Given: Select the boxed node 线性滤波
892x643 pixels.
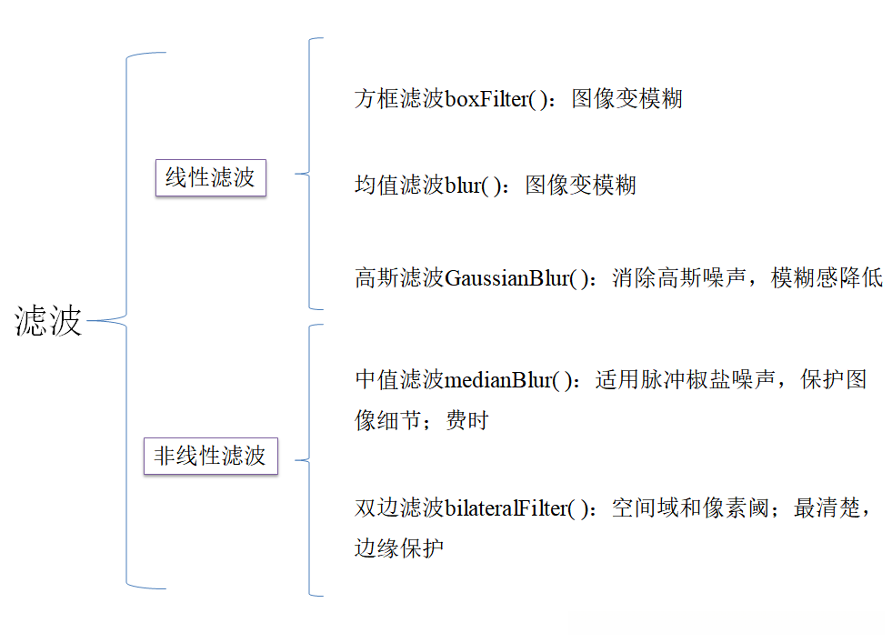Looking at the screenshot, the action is coord(210,178).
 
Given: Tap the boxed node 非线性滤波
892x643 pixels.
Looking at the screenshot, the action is coord(210,456).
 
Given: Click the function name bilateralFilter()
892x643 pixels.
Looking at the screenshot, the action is coord(523,508).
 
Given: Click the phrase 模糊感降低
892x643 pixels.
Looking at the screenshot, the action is coord(827,278).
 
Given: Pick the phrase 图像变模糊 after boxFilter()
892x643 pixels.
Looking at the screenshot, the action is coord(626,99).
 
